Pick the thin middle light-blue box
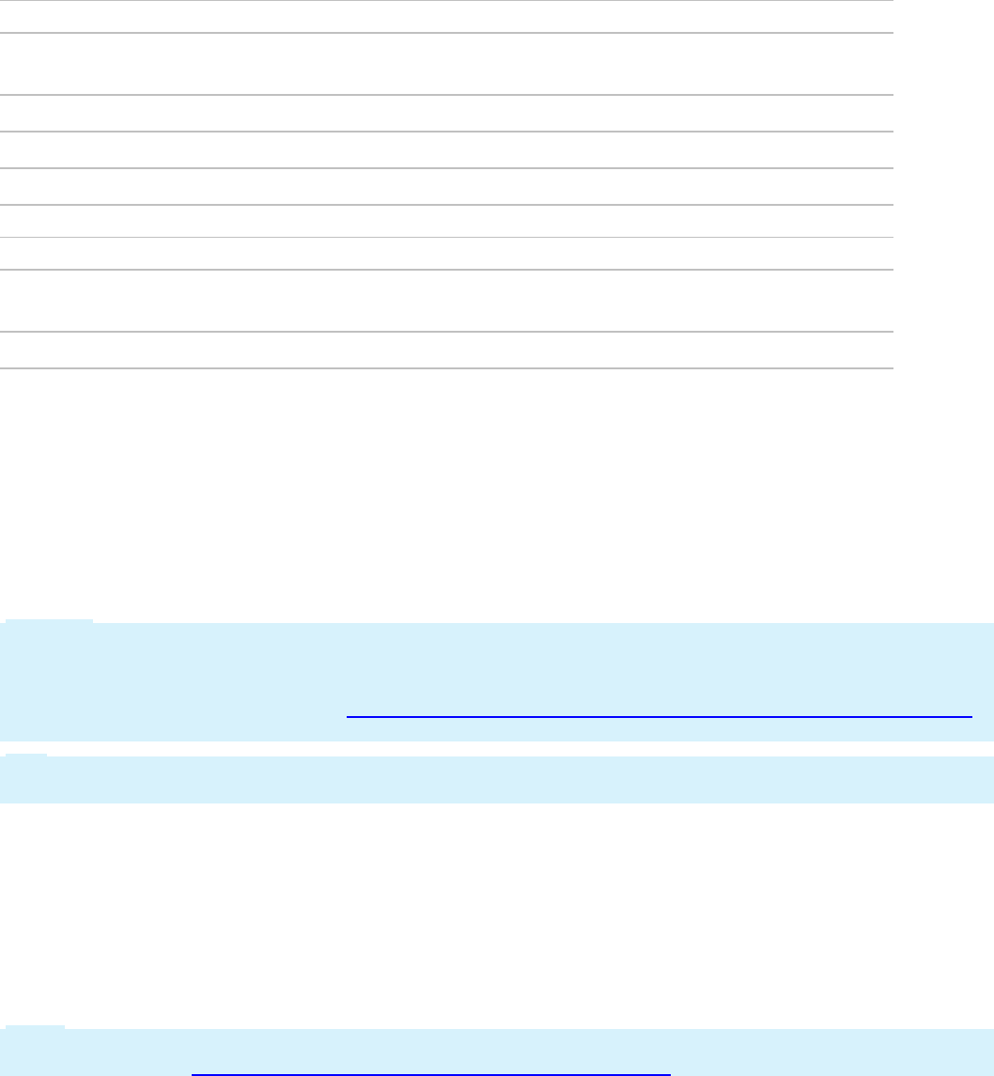tap(496, 780)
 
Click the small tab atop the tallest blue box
tap(49, 620)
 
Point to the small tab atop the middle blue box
tap(25, 755)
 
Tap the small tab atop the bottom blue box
tap(35, 1026)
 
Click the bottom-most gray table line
tap(445, 367)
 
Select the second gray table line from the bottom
tap(445, 331)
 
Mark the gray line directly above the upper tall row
tap(445, 33)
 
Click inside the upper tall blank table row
tap(445, 64)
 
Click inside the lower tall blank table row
tap(445, 301)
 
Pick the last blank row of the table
tap(445, 350)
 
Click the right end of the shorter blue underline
tap(670, 1072)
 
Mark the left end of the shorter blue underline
tap(192, 1072)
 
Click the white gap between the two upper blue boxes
tap(496, 749)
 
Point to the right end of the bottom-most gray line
tap(891, 367)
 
